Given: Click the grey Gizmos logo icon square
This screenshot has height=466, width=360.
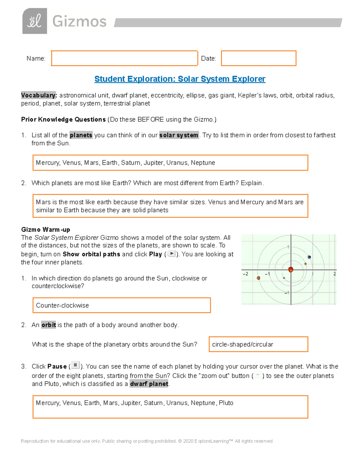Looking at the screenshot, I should point(34,21).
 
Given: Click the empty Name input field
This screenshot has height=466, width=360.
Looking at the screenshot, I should point(124,58).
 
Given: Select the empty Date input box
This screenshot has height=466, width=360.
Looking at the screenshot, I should point(259,58).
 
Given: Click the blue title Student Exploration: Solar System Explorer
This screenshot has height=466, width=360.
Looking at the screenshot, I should point(180,79).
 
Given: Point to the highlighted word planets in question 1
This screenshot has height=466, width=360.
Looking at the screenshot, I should point(81,135).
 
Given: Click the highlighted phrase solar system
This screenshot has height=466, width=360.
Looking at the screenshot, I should point(179,135).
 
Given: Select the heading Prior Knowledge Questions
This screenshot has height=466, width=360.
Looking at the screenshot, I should point(63,119).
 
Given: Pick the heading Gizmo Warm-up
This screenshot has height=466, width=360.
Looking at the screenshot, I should point(46,230).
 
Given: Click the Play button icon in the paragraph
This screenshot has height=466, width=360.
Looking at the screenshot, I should point(171,254).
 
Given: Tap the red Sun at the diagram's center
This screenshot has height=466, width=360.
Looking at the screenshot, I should point(290,269).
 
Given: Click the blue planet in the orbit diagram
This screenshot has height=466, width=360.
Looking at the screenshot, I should point(309,257).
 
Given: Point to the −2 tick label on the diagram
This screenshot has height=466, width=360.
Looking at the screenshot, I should point(245,274).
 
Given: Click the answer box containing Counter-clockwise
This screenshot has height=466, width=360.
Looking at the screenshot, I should point(121,305).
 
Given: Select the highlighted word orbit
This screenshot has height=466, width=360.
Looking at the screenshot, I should point(49,325).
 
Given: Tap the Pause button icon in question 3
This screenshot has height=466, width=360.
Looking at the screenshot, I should point(75,365).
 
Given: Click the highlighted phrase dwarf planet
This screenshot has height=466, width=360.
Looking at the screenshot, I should point(149,384).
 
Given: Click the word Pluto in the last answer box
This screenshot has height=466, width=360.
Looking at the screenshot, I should point(226,403).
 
